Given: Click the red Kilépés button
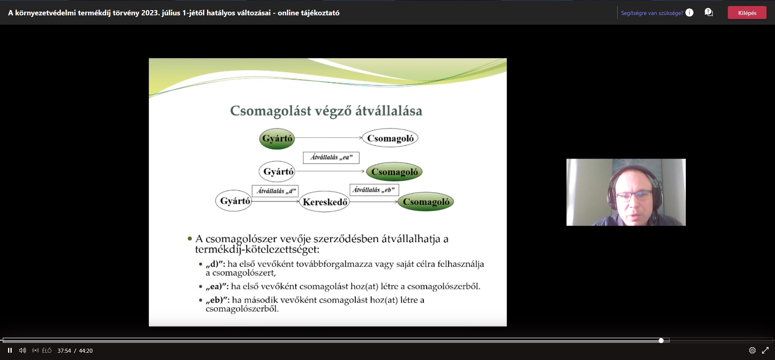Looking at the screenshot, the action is (x=747, y=13).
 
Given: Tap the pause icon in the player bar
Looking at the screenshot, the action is (x=10, y=350).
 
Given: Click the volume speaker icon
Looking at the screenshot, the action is (x=23, y=350).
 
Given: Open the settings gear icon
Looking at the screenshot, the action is (x=752, y=350).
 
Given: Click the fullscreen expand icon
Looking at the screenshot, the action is (x=765, y=350).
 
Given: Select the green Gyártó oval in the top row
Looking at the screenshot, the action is (x=277, y=138).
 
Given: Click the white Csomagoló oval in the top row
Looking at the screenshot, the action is (x=390, y=138).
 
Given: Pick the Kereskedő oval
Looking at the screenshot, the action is (x=325, y=202).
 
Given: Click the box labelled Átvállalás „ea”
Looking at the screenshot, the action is (x=331, y=157).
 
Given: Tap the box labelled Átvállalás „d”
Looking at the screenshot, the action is (x=275, y=191).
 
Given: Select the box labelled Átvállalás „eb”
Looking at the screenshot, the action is (x=374, y=190).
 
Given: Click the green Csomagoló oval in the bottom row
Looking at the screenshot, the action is (x=426, y=202).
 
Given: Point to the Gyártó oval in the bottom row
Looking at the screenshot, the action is (x=234, y=201).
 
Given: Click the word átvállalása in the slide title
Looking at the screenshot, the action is (x=389, y=111).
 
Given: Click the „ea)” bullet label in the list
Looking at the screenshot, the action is (x=217, y=287).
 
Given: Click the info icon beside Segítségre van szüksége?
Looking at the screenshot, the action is (x=689, y=13).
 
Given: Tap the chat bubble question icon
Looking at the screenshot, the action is (x=709, y=13).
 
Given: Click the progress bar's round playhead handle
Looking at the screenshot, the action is (x=661, y=341).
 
